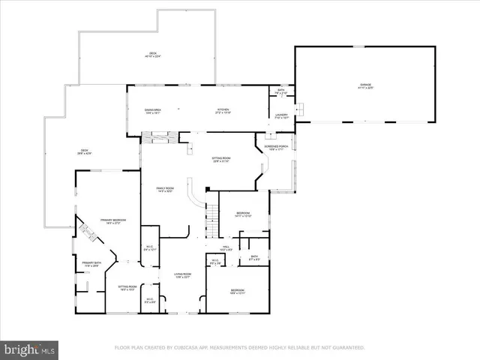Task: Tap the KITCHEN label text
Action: (x=223, y=110)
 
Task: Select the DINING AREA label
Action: (x=152, y=110)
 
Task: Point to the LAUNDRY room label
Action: (x=281, y=116)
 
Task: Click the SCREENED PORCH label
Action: (x=276, y=147)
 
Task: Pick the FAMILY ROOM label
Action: (x=165, y=189)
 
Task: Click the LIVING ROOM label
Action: (x=183, y=275)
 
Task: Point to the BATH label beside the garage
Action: (x=280, y=91)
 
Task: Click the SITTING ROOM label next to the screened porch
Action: (x=220, y=159)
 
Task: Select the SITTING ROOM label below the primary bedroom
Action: (x=127, y=287)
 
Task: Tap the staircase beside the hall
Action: (x=213, y=217)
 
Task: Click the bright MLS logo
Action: (x=30, y=349)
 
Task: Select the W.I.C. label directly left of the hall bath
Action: (x=215, y=262)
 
